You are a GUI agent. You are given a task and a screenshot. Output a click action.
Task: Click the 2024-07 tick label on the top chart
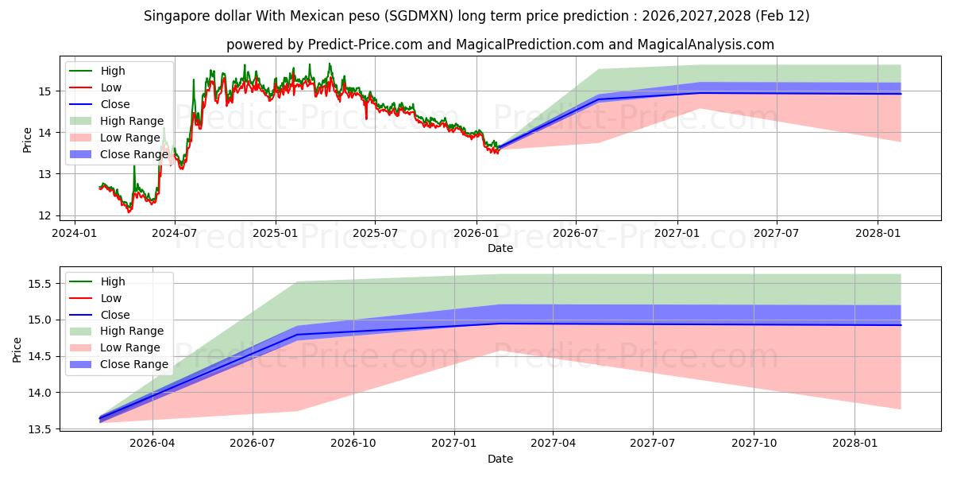click(x=175, y=233)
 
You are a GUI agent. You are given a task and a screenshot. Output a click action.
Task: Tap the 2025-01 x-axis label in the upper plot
click(x=276, y=233)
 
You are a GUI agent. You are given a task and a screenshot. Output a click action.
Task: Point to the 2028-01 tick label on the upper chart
click(x=878, y=233)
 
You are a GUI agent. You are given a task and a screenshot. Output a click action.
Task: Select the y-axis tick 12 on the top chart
click(x=48, y=215)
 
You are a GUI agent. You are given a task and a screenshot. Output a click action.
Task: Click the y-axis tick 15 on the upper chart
click(x=48, y=91)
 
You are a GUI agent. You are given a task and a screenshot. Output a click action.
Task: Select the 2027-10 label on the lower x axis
click(x=754, y=444)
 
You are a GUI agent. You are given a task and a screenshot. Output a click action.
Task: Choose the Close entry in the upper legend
click(x=115, y=104)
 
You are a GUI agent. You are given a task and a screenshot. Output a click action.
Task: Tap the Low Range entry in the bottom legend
click(x=130, y=347)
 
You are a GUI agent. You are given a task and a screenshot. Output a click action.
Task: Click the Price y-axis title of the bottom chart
click(x=17, y=350)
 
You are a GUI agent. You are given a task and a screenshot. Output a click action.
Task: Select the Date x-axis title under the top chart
click(x=500, y=248)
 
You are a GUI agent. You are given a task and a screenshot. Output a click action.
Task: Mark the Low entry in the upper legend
click(x=112, y=87)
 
